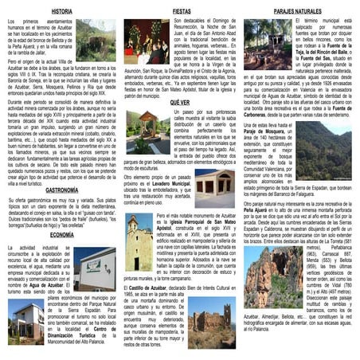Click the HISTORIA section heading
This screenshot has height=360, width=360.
[61, 12]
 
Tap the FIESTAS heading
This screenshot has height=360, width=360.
[182, 12]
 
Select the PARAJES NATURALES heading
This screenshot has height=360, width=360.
[297, 12]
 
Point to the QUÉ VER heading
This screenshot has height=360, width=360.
[181, 102]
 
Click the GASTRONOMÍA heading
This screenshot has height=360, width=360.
[61, 190]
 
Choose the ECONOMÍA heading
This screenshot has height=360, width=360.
[61, 236]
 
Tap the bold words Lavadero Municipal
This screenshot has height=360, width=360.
[166, 183]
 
